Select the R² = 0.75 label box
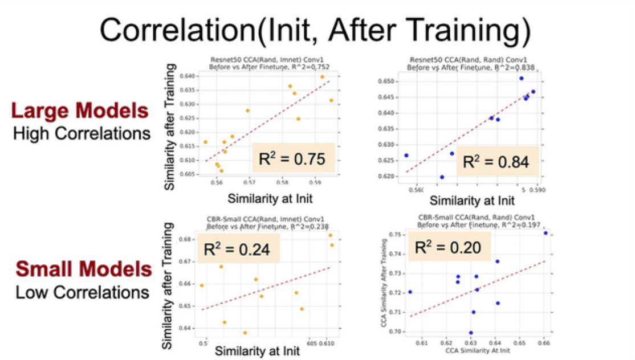click(292, 158)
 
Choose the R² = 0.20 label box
click(447, 247)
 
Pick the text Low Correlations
click(82, 292)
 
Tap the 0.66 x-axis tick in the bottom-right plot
click(544, 343)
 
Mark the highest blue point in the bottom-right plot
click(546, 233)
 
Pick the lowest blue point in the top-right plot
click(442, 177)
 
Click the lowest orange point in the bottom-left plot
click(245, 333)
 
